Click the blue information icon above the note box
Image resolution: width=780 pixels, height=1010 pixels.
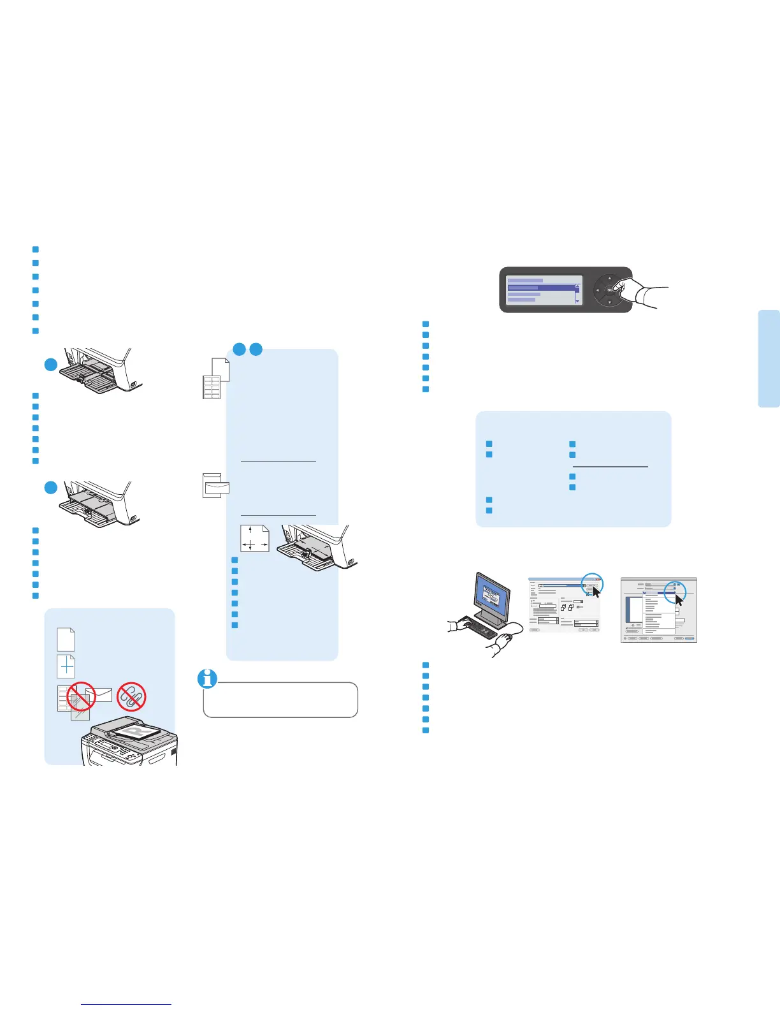pos(208,679)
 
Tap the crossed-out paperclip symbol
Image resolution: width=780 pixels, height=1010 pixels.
pos(132,696)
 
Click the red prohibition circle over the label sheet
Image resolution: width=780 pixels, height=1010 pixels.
pos(81,696)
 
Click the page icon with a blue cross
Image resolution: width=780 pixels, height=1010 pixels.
pos(66,667)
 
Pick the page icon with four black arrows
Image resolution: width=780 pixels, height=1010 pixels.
pos(254,539)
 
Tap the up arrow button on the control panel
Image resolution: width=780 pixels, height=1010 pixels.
pos(609,278)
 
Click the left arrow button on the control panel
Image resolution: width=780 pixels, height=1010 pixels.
pos(597,291)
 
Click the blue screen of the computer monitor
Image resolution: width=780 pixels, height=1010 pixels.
pos(492,599)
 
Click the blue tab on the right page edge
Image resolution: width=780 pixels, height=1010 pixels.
pos(769,358)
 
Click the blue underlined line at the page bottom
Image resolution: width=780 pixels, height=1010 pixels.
pos(127,1004)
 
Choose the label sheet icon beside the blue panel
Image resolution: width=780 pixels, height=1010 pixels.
pos(211,387)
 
